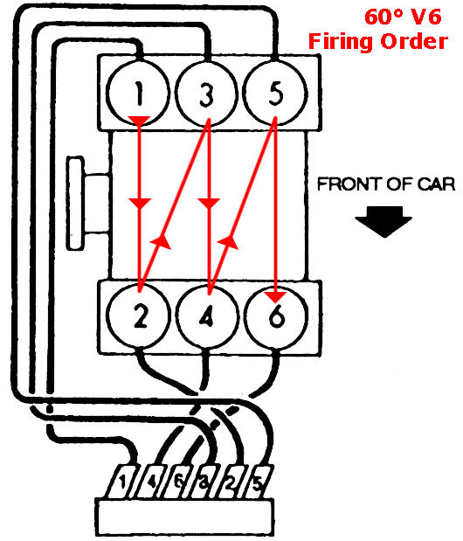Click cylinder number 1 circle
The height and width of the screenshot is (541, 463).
[139, 94]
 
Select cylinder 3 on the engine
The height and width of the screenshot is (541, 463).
[207, 94]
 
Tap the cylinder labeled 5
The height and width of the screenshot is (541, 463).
[275, 94]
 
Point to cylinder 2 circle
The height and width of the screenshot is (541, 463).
[139, 316]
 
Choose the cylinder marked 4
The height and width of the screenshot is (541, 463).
[207, 316]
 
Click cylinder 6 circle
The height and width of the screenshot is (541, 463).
[276, 316]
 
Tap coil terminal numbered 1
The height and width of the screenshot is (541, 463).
[122, 481]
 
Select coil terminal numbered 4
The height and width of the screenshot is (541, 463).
[149, 481]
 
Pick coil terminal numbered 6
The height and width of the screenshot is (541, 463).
[176, 481]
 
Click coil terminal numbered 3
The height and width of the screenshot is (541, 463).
[204, 481]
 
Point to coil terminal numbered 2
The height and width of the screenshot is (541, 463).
[231, 481]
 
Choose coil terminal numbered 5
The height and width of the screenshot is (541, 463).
[258, 481]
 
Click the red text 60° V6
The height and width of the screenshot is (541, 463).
[403, 17]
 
